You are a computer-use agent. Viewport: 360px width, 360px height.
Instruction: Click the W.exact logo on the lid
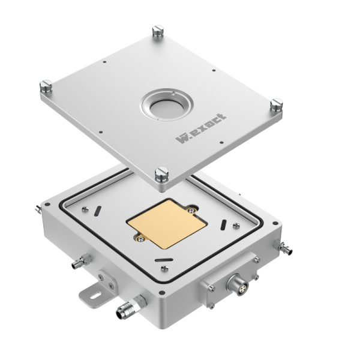point(201,129)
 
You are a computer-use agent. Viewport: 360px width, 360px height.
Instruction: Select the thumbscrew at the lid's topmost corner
point(158,31)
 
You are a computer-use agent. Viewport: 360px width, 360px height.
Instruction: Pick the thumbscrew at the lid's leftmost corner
point(46,86)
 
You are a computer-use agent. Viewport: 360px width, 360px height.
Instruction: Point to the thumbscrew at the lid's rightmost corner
point(277,104)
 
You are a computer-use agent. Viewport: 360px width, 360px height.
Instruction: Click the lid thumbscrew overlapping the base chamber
point(161,174)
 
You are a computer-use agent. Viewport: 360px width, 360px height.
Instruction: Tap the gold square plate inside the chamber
point(167,224)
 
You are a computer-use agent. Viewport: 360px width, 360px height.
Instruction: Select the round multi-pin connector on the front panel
point(238,285)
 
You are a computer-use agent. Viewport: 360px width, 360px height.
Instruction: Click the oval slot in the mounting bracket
point(96,295)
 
